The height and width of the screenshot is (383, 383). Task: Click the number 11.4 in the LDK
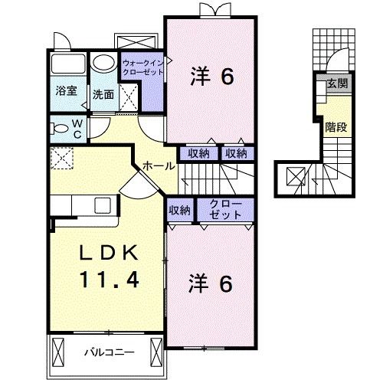pyautogui.click(x=108, y=281)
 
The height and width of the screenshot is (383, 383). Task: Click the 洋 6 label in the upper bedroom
pyautogui.click(x=211, y=76)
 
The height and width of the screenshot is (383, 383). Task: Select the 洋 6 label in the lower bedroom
pyautogui.click(x=211, y=283)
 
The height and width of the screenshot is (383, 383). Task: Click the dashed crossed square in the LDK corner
pyautogui.click(x=61, y=159)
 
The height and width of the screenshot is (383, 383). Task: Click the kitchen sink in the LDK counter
pyautogui.click(x=100, y=206)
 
